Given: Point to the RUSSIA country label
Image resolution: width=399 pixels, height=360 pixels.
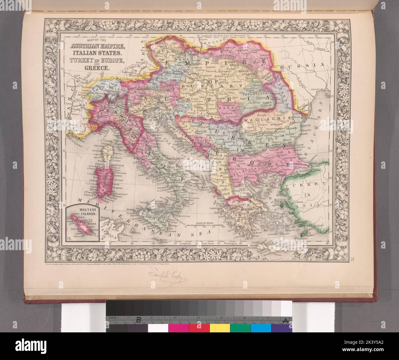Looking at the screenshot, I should pyautogui.click(x=309, y=65).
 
